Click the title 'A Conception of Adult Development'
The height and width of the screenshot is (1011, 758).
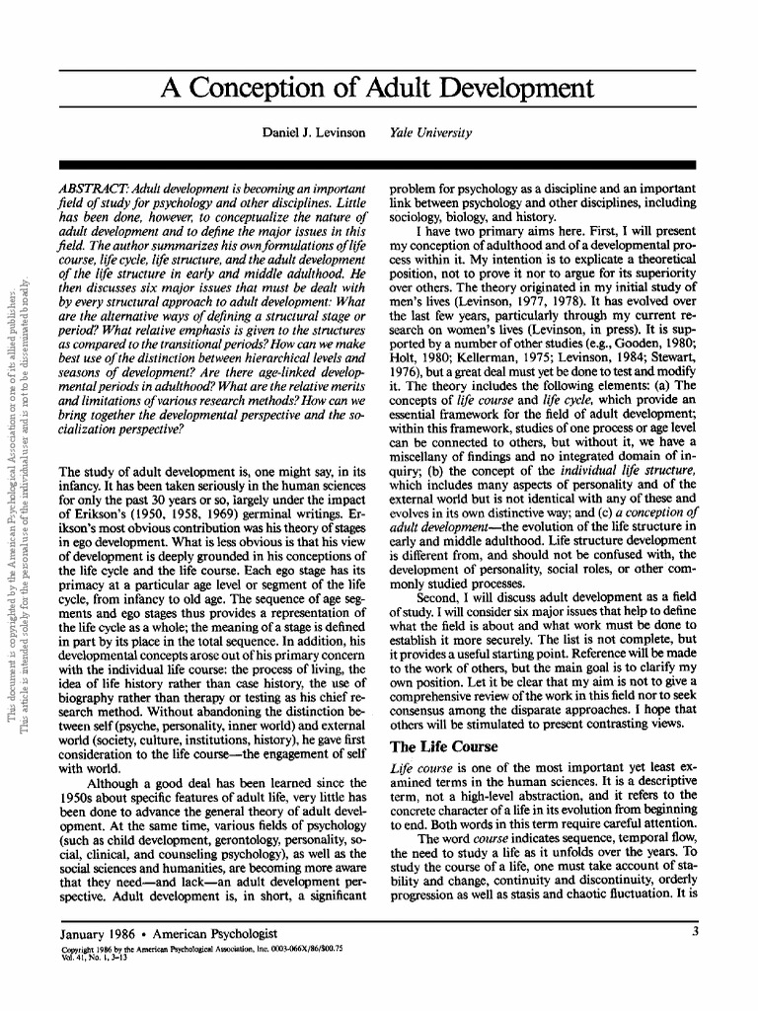378,90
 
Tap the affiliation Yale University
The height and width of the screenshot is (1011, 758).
430,132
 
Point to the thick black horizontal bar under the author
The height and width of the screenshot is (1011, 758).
378,165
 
